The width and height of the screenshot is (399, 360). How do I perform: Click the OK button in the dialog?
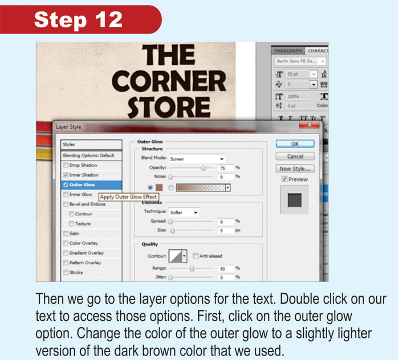pyautogui.click(x=295, y=144)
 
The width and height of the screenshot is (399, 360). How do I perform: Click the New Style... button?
pyautogui.click(x=295, y=169)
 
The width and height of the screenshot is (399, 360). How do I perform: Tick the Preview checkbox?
pyautogui.click(x=284, y=179)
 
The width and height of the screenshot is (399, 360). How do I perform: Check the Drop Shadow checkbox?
pyautogui.click(x=66, y=165)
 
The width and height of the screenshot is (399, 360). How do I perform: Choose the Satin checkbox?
pyautogui.click(x=66, y=234)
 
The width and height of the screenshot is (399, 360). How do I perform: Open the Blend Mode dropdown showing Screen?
pyautogui.click(x=197, y=159)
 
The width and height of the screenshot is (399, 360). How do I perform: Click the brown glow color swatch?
pyautogui.click(x=160, y=187)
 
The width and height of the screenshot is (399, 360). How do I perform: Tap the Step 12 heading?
pyautogui.click(x=78, y=19)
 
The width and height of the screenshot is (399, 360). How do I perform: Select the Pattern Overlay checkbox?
pyautogui.click(x=66, y=263)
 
